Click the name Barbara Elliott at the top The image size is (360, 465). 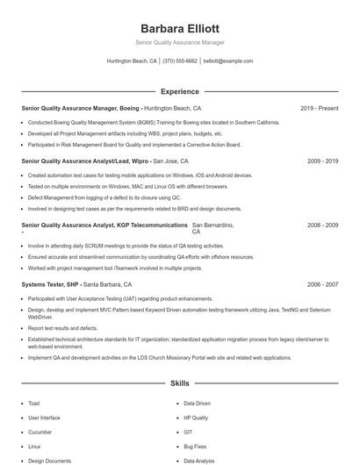(179, 28)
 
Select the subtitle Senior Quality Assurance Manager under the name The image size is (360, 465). (179, 42)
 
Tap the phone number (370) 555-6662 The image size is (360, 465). (180, 61)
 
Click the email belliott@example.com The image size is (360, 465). (227, 61)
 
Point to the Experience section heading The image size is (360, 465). (179, 91)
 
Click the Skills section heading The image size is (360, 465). (179, 383)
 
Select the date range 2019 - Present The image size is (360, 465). (319, 108)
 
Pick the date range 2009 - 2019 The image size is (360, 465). (322, 161)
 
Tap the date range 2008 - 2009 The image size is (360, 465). (322, 225)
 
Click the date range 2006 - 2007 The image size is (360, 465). (322, 285)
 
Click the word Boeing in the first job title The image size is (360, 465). (127, 108)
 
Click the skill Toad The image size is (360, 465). (33, 404)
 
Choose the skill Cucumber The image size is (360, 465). (40, 433)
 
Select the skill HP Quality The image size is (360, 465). (196, 418)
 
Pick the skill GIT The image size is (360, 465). (188, 433)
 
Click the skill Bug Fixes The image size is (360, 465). (195, 447)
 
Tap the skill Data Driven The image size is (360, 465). (198, 404)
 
